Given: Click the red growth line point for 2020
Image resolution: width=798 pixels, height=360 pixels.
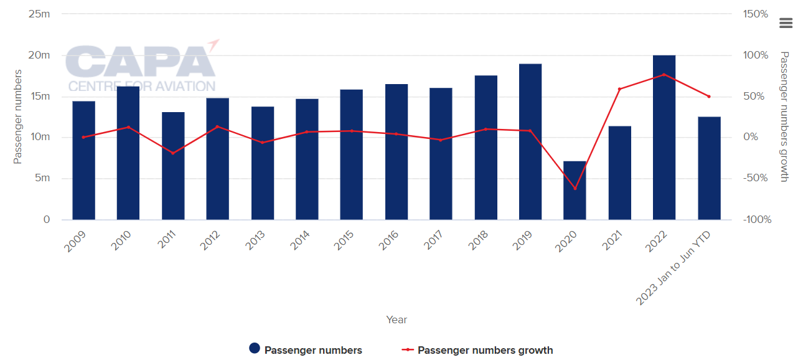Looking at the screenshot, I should click(575, 188).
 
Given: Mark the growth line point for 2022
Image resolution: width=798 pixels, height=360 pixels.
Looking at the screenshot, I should click(664, 75).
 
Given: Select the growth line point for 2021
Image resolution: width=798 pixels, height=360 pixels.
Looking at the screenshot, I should click(619, 89).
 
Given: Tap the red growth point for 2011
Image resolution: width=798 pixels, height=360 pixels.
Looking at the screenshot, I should click(173, 153).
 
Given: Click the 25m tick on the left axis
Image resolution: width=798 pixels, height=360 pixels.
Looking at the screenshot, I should click(39, 14).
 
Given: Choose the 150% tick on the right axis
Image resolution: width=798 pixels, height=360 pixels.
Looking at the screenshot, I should click(756, 14).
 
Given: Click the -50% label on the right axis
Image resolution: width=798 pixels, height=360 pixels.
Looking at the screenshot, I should click(756, 178).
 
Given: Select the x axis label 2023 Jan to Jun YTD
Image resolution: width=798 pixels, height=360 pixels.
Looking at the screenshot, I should click(675, 268).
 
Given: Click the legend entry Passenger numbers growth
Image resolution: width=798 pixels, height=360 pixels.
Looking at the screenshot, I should click(485, 350).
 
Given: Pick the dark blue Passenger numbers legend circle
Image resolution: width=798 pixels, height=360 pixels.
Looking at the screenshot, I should click(254, 349).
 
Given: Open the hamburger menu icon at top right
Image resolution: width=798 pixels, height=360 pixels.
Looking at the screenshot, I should click(786, 23).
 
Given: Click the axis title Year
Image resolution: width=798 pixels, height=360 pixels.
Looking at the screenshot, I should click(397, 320).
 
